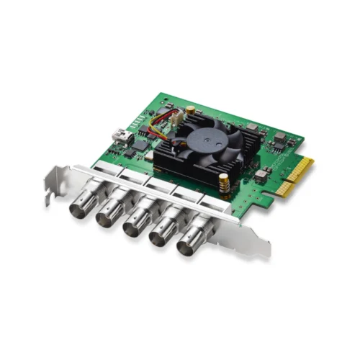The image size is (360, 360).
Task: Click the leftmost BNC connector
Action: [80, 207]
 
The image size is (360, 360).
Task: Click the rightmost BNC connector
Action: [189, 244]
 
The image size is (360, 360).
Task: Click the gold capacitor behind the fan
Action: [190, 110]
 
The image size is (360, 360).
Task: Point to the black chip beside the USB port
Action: [138, 144]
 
